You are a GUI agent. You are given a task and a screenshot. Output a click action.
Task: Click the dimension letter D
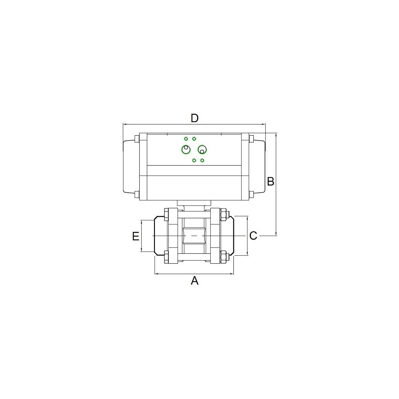(195, 119)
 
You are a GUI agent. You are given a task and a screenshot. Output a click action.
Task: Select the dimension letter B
(271, 182)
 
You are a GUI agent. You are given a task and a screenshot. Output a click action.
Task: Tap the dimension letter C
(253, 236)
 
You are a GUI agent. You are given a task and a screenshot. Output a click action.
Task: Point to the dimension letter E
(136, 236)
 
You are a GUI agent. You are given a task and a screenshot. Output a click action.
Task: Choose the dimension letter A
(195, 280)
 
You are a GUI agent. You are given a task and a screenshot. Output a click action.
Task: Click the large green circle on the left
(186, 149)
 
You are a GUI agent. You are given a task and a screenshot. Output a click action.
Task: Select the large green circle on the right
(202, 149)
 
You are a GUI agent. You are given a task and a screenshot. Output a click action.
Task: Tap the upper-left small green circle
(186, 139)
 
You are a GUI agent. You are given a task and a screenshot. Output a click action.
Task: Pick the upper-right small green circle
(194, 139)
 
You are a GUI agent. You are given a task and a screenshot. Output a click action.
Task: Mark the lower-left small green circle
(194, 160)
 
